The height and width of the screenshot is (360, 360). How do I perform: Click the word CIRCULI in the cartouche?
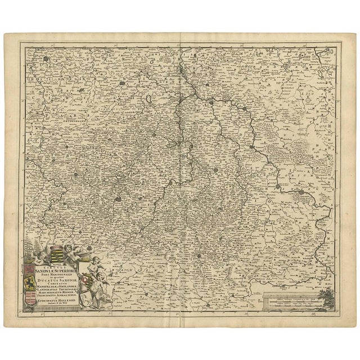[x=56, y=268]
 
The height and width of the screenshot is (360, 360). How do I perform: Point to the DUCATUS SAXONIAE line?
[x=57, y=281]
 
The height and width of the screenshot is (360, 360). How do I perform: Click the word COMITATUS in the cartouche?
[x=56, y=284]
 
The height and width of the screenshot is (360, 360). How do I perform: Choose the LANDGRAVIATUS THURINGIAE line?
[x=56, y=290]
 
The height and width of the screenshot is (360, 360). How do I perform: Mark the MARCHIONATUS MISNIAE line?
[x=56, y=292]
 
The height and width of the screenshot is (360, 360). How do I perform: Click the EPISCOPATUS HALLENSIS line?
[x=56, y=301]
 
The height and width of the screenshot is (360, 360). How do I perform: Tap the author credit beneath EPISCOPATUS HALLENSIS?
[x=56, y=303]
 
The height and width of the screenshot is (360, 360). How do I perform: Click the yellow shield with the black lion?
[x=30, y=282]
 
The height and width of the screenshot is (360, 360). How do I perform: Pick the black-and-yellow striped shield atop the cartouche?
[x=57, y=254]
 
